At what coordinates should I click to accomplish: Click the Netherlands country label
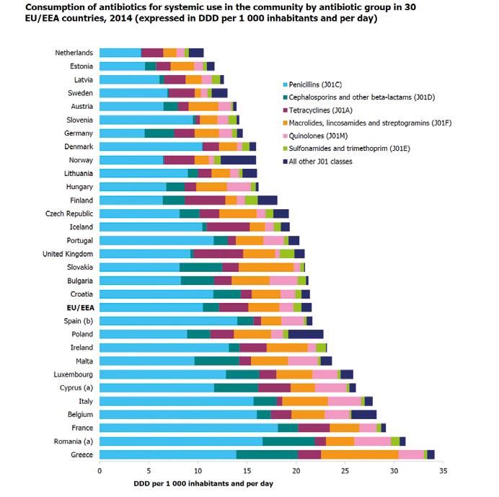pos(74,53)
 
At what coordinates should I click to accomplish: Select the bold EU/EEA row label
pos(79,307)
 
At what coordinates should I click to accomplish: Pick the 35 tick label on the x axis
pos(443,470)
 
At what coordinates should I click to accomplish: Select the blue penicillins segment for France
pos(188,427)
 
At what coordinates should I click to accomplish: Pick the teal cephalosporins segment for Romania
pos(288,441)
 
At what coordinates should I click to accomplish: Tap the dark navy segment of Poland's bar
pos(306,334)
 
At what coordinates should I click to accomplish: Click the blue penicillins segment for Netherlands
pos(120,53)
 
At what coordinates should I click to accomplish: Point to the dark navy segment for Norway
pos(238,159)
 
